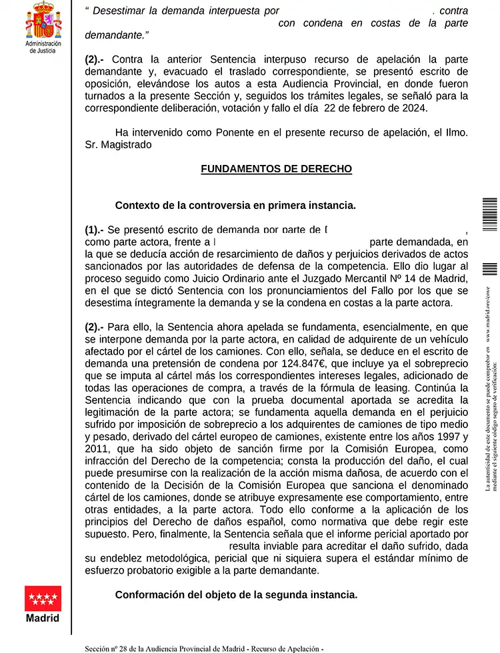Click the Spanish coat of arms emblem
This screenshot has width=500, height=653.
pyautogui.click(x=43, y=21)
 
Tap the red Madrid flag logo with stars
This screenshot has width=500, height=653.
pyautogui.click(x=43, y=598)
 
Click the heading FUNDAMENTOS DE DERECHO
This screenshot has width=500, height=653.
pyautogui.click(x=276, y=169)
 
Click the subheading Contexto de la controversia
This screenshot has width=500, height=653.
pyautogui.click(x=235, y=205)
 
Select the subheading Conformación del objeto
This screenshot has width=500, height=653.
pyautogui.click(x=236, y=594)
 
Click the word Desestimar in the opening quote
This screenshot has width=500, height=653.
pyautogui.click(x=118, y=11)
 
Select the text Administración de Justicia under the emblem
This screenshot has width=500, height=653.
pyautogui.click(x=43, y=47)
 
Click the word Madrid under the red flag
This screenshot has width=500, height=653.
pyautogui.click(x=43, y=618)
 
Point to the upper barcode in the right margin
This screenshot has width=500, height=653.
pyautogui.click(x=490, y=214)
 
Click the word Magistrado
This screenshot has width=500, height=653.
pyautogui.click(x=127, y=144)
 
